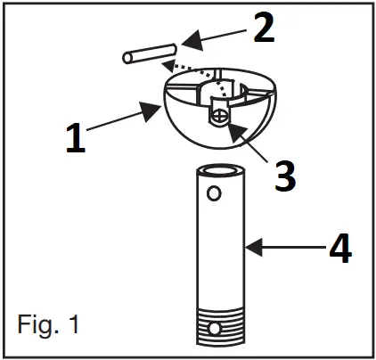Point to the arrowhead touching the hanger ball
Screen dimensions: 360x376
[147, 112]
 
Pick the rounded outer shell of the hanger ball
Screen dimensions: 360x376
[187, 125]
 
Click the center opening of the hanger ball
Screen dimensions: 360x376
[223, 90]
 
